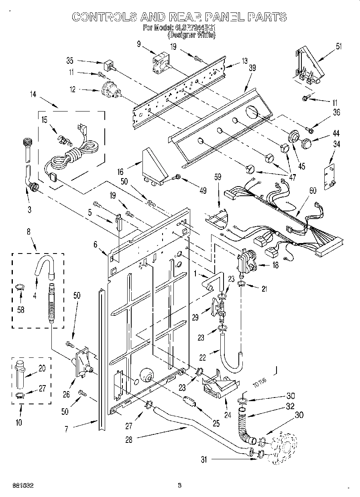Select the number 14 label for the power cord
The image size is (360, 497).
click(x=33, y=94)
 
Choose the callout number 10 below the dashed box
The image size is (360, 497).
click(x=19, y=422)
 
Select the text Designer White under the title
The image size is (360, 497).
click(x=191, y=35)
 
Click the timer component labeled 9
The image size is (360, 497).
click(x=161, y=64)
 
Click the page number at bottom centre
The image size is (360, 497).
click(x=179, y=486)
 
